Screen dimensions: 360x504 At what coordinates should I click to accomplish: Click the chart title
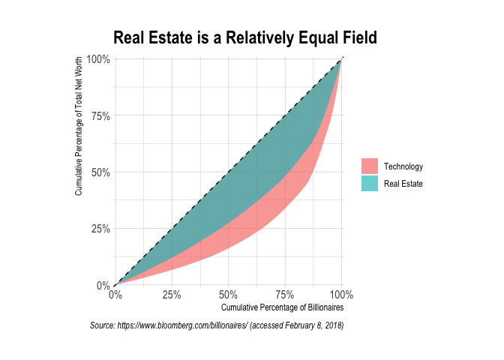pyautogui.click(x=244, y=37)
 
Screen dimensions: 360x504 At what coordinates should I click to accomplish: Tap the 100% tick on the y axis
pyautogui.click(x=99, y=59)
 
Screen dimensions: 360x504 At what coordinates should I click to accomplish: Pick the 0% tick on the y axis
pyautogui.click(x=103, y=286)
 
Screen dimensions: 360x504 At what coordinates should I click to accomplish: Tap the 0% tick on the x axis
pyautogui.click(x=115, y=294)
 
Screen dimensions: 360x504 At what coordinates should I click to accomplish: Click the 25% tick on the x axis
pyautogui.click(x=172, y=294)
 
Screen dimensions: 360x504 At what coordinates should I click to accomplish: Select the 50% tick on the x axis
pyautogui.click(x=229, y=294)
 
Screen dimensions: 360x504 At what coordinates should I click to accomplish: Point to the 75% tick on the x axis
pyautogui.click(x=285, y=294)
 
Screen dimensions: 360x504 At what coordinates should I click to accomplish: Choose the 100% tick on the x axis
pyautogui.click(x=341, y=294)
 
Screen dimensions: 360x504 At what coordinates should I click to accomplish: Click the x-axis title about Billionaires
pyautogui.click(x=282, y=307)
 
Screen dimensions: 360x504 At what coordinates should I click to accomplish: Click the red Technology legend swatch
pyautogui.click(x=369, y=166)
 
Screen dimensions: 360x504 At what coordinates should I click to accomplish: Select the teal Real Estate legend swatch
pyautogui.click(x=369, y=183)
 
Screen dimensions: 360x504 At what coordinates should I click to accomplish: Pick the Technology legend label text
pyautogui.click(x=403, y=166)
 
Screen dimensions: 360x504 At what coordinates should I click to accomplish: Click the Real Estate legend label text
pyautogui.click(x=403, y=183)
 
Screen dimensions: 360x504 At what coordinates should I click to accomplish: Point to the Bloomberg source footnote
pyautogui.click(x=216, y=325)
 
